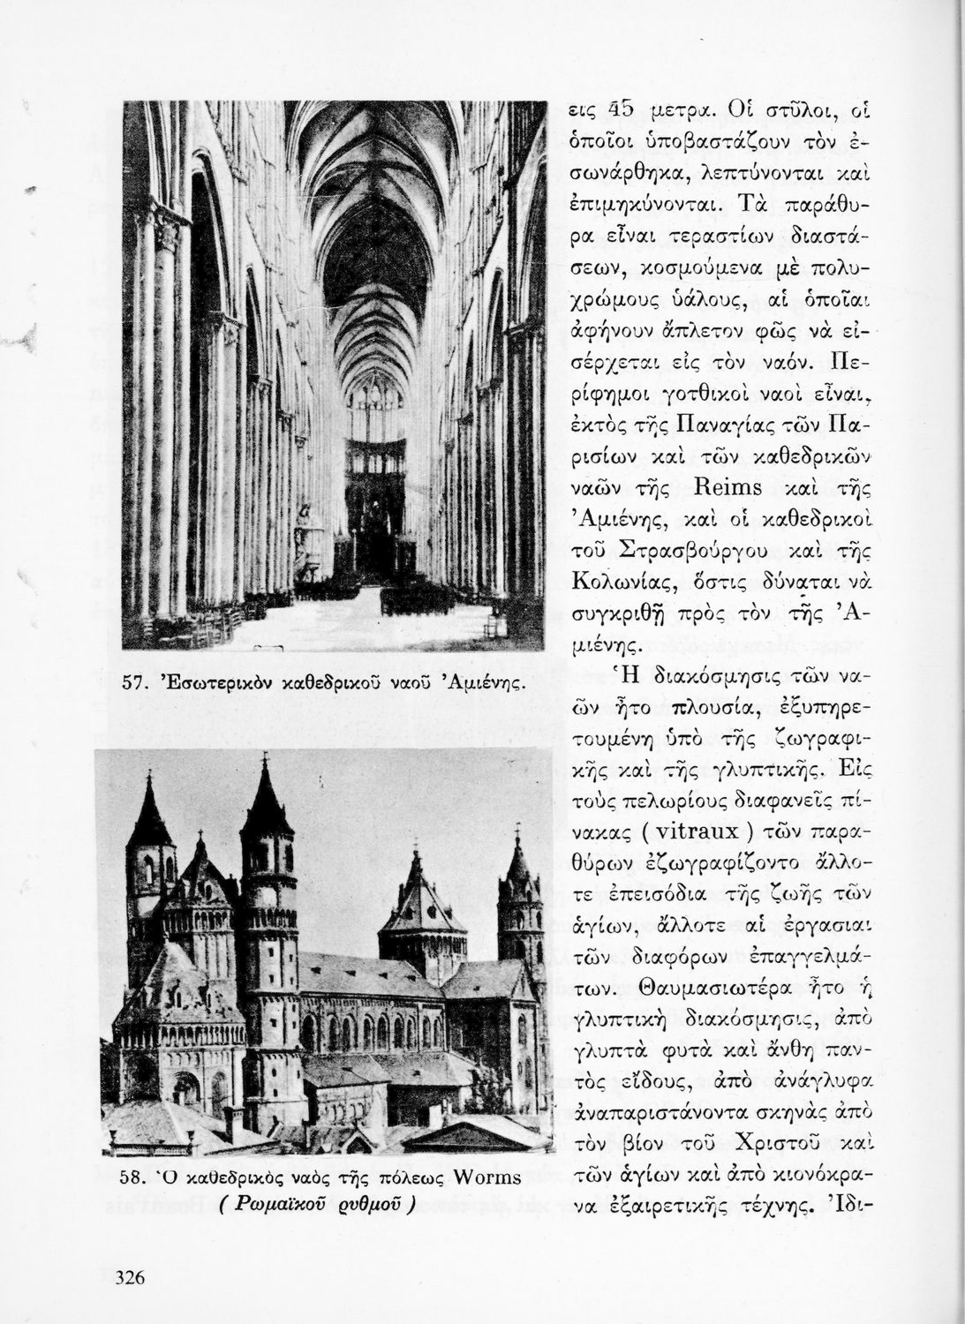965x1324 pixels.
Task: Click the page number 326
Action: pyautogui.click(x=130, y=1277)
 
